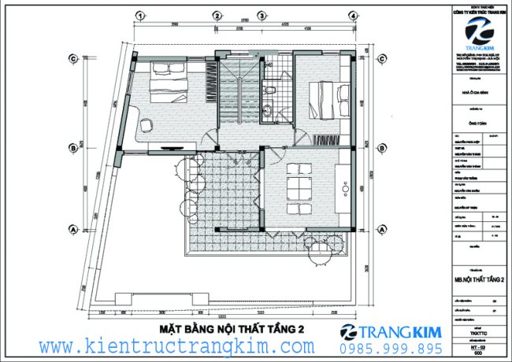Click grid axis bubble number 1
coord(139,15)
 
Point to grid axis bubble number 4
coord(353,15)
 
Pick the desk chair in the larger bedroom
coord(147,123)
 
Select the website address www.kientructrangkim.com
coord(177,346)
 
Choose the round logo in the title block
coord(478,31)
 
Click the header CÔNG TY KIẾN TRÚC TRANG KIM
coord(478,12)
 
